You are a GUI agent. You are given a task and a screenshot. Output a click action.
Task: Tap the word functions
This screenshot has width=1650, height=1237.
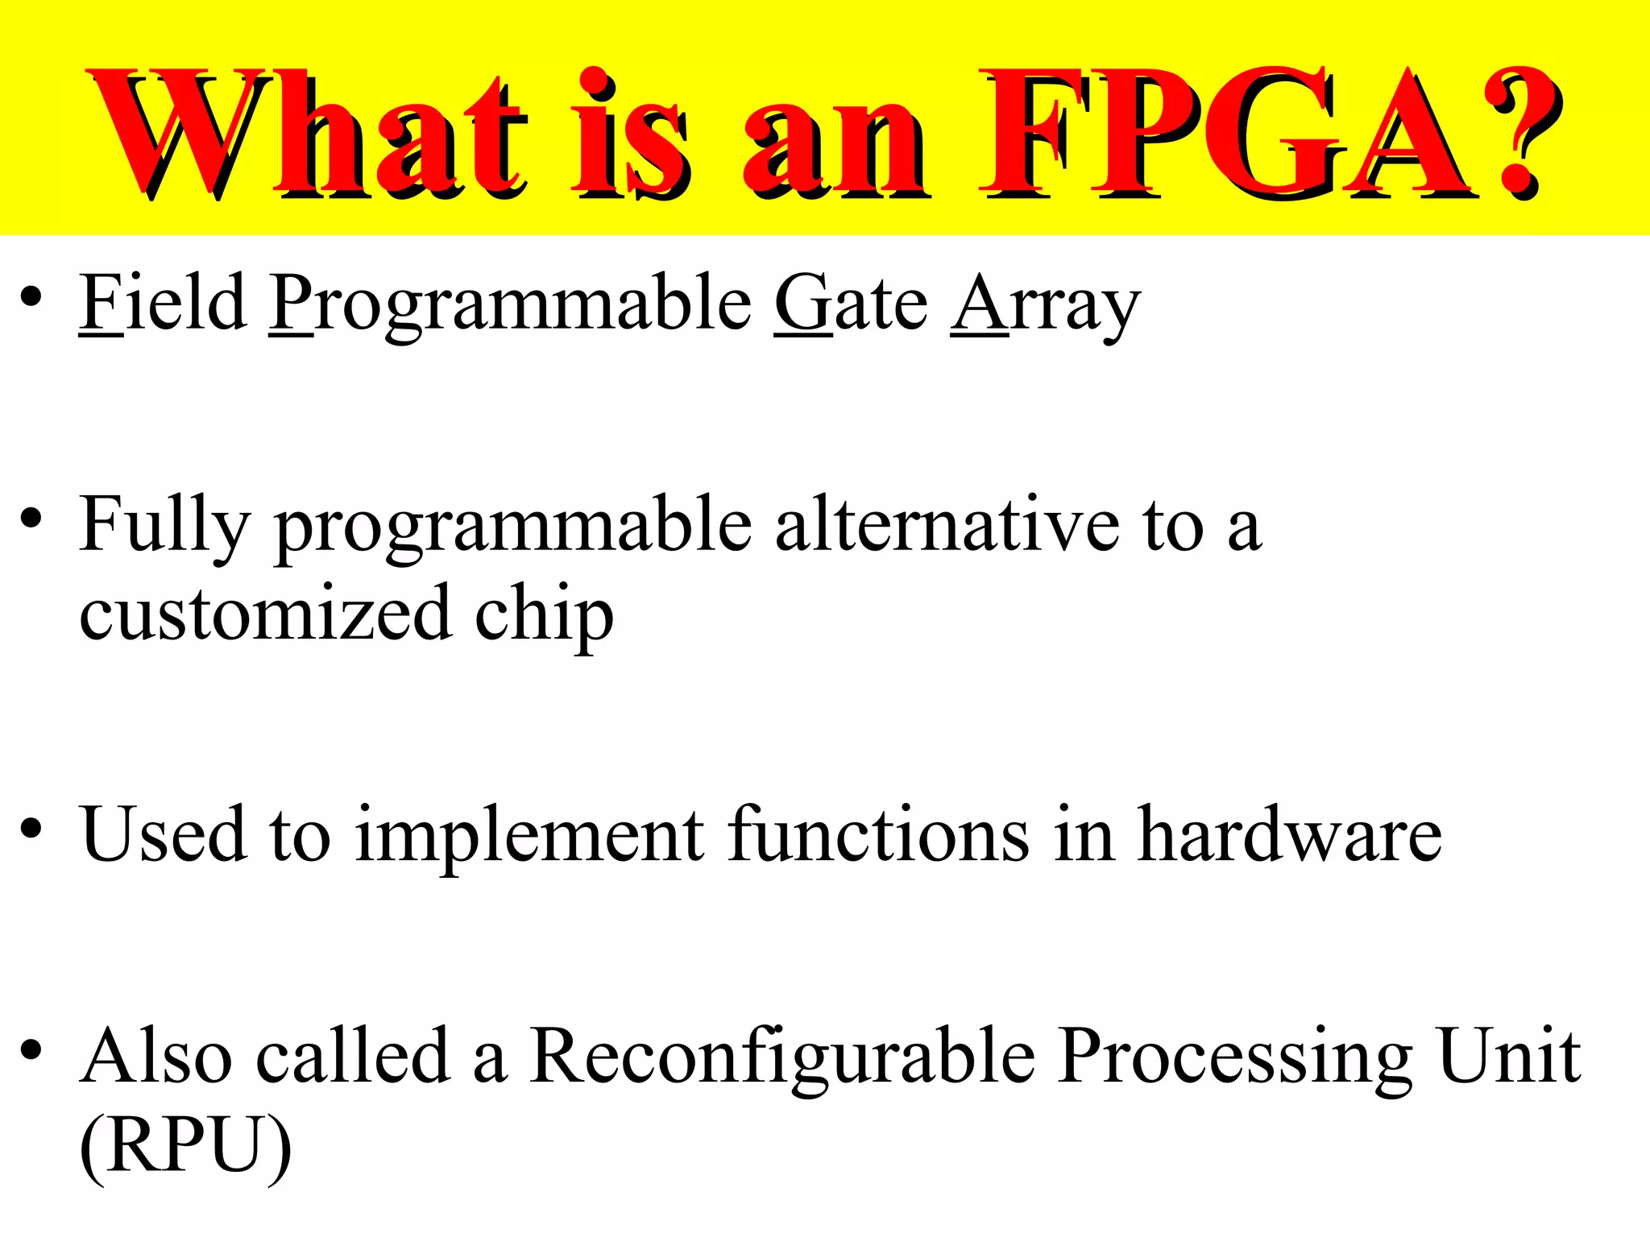tap(878, 834)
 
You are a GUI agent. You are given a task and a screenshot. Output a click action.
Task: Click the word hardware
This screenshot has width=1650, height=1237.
tap(1289, 834)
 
